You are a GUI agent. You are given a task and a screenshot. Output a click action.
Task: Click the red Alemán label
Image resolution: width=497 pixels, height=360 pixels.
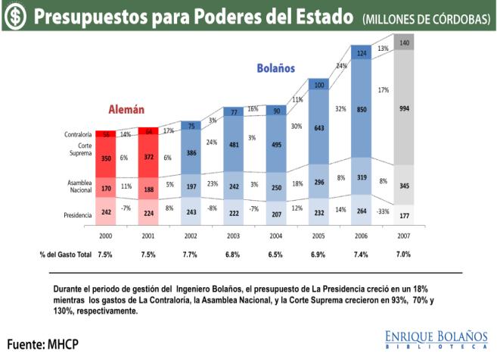126,108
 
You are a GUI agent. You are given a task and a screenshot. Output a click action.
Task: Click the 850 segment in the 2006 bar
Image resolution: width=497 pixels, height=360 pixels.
362,108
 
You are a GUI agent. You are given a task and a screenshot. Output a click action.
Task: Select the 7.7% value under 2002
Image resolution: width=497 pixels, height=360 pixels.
191,254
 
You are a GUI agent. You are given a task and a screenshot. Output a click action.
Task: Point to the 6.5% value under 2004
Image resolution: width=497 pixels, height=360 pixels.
276,254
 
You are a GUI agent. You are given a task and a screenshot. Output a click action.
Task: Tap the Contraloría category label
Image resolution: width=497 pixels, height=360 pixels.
79,135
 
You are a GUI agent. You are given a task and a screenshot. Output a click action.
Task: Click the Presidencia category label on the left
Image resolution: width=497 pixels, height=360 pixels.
78,214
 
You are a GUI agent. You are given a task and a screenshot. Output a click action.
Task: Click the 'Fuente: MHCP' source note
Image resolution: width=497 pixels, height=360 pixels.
43,343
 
